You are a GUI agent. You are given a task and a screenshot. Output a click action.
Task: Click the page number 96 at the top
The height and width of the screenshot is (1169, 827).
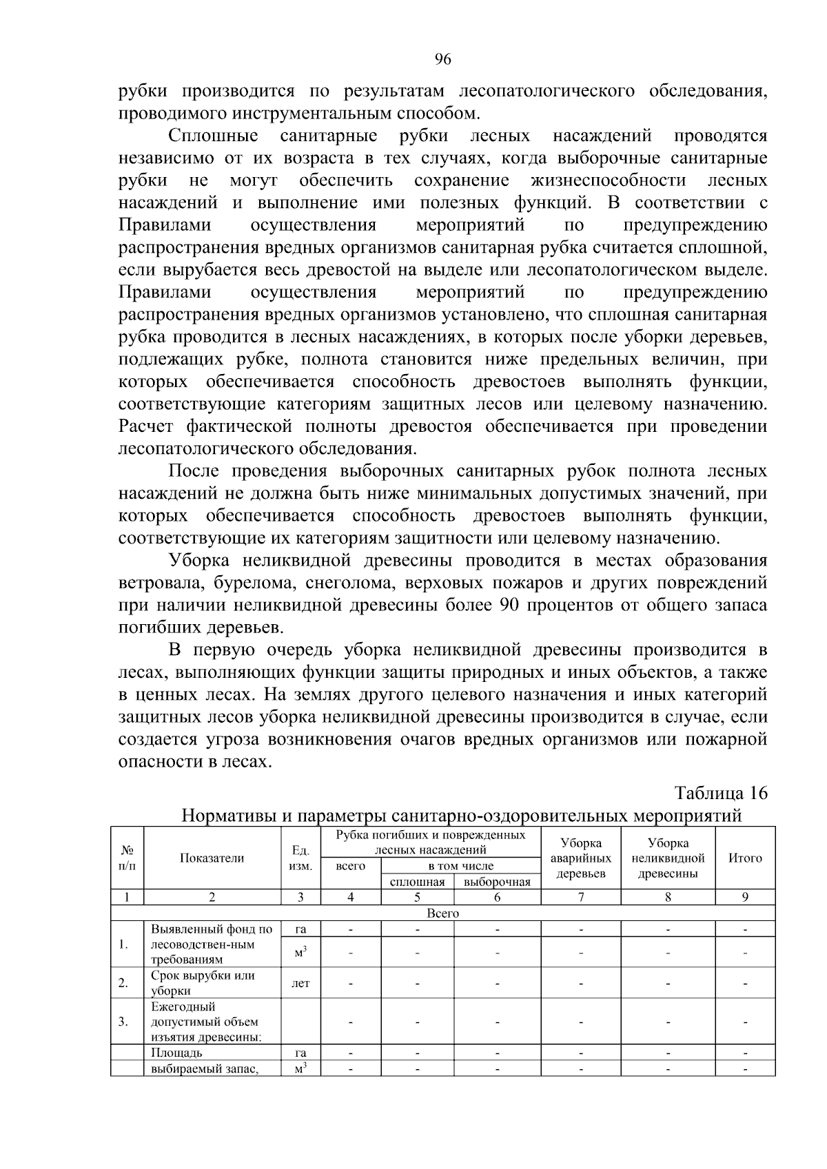click(442, 61)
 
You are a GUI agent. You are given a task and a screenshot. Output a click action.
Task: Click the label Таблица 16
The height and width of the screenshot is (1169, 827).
click(721, 793)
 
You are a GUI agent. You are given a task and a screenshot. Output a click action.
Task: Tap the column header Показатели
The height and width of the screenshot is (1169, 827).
click(212, 858)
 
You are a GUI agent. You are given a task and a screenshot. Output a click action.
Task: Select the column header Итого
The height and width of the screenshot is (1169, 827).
click(745, 858)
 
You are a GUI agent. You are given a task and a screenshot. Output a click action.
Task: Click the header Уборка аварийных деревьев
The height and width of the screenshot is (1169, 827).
click(581, 858)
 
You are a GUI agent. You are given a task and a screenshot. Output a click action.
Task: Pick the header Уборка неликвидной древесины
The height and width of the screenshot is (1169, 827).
click(668, 858)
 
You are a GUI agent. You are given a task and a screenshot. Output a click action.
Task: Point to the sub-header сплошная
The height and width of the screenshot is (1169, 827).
click(417, 882)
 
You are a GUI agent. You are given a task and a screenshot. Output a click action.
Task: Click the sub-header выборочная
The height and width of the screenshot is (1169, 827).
click(497, 882)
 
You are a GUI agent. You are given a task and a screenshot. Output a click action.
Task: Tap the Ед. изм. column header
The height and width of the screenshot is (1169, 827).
click(300, 858)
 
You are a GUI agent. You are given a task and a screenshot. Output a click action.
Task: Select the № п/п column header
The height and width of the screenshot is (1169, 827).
click(127, 858)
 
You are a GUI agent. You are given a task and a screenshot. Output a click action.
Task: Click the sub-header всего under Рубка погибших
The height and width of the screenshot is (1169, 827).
click(350, 866)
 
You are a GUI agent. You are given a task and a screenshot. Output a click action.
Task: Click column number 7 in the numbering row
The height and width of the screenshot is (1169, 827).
click(581, 897)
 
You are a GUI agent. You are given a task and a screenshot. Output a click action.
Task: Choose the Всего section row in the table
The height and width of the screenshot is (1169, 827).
click(442, 913)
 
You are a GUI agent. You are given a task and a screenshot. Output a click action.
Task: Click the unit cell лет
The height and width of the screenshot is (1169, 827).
click(300, 983)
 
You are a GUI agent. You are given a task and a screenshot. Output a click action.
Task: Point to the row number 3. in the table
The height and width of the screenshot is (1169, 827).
click(123, 1022)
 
